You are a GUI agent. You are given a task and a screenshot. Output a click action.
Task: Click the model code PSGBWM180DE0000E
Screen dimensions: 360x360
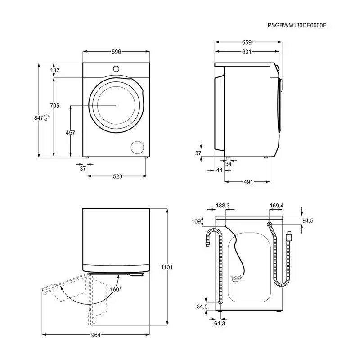pyautogui.click(x=297, y=25)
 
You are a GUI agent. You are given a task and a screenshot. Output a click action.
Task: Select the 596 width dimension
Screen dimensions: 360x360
pyautogui.click(x=116, y=52)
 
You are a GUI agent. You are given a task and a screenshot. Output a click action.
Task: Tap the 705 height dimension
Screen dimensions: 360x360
pyautogui.click(x=54, y=106)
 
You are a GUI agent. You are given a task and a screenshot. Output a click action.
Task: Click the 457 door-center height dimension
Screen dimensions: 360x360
pyautogui.click(x=70, y=133)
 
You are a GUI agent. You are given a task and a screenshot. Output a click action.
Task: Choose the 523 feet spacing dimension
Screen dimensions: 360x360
pyautogui.click(x=118, y=176)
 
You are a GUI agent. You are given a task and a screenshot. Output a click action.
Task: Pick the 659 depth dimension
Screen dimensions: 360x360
pyautogui.click(x=247, y=42)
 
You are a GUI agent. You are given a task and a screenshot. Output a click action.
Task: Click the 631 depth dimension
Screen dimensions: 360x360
pyautogui.click(x=247, y=52)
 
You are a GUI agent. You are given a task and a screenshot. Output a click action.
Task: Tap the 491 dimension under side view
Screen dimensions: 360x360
pyautogui.click(x=248, y=182)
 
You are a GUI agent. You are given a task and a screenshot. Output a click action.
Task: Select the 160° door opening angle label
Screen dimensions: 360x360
pyautogui.click(x=115, y=289)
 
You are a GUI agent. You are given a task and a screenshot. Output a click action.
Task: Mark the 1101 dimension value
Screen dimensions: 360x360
pyautogui.click(x=166, y=267)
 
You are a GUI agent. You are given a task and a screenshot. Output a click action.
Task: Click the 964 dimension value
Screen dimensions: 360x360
pyautogui.click(x=96, y=335)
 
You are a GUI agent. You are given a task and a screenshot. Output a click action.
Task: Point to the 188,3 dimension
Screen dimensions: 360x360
pyautogui.click(x=223, y=206)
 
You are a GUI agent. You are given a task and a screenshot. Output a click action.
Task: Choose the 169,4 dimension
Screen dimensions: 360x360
pyautogui.click(x=276, y=206)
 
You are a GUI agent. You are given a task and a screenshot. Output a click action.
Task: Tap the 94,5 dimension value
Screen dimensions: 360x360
pyautogui.click(x=308, y=220)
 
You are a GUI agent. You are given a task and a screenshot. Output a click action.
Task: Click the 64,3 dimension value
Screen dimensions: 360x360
pyautogui.click(x=220, y=323)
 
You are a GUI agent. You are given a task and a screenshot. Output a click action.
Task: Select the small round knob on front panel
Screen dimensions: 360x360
pyautogui.click(x=116, y=69)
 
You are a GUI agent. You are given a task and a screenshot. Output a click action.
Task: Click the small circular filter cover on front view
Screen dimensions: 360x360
pyautogui.click(x=137, y=147)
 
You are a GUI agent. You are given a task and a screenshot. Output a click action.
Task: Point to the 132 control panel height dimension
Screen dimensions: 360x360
pyautogui.click(x=54, y=70)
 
